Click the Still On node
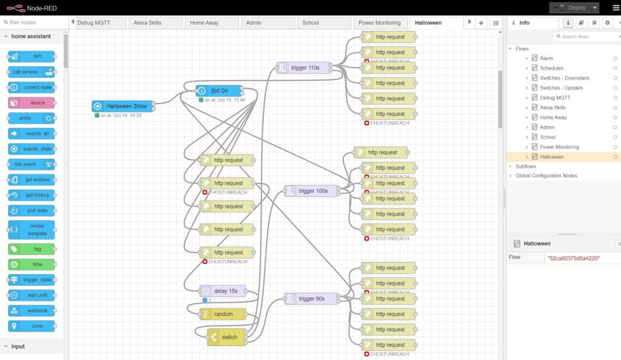click(220, 91)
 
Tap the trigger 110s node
click(304, 68)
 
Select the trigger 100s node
click(312, 191)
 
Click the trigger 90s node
click(311, 299)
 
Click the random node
click(223, 314)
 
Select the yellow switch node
click(227, 337)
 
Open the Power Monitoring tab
click(379, 22)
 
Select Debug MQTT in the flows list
click(555, 98)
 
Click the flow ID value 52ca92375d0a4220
click(573, 258)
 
